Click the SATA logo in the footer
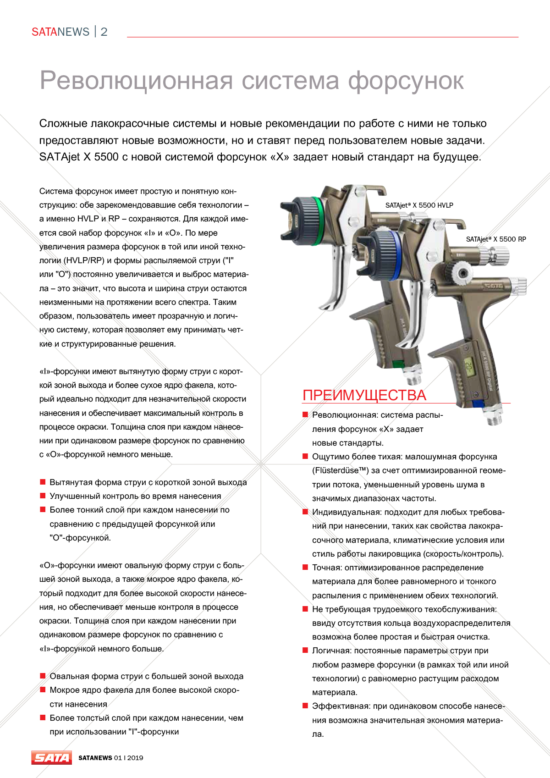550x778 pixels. click(52, 757)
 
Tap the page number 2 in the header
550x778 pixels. click(104, 32)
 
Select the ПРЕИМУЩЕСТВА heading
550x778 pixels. click(364, 395)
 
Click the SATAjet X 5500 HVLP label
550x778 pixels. click(419, 205)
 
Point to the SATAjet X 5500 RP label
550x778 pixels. click(496, 239)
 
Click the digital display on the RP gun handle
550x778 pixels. click(468, 366)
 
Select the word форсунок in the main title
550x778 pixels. click(406, 81)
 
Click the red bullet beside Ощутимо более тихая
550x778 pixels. click(305, 456)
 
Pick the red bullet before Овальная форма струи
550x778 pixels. click(43, 676)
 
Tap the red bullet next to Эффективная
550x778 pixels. click(305, 706)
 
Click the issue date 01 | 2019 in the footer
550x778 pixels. click(128, 758)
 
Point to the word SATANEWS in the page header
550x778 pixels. click(60, 32)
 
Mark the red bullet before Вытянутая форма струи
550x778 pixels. click(43, 482)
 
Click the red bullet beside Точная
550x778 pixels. click(305, 567)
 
